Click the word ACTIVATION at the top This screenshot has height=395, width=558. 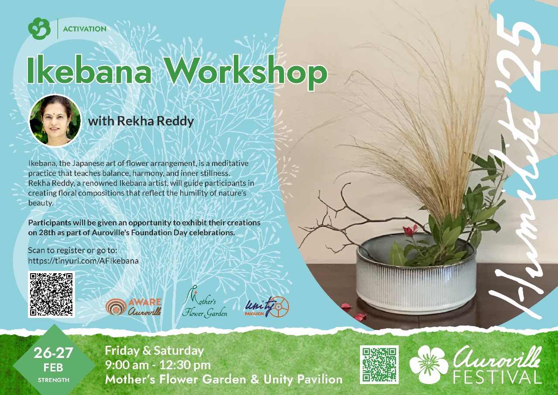[x=85, y=29]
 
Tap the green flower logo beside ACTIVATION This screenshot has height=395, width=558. [x=39, y=28]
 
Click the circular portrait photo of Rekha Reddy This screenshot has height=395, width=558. [x=55, y=120]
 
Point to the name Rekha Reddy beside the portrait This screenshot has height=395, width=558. [x=155, y=121]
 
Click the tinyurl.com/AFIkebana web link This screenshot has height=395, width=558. [x=83, y=261]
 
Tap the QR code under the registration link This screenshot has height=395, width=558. [x=51, y=294]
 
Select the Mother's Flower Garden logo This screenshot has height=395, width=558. [x=205, y=302]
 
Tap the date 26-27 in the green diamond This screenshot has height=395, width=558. [x=53, y=353]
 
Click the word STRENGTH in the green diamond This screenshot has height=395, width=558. [x=54, y=380]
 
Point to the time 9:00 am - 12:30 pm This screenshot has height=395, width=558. [x=158, y=365]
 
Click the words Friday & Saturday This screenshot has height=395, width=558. [x=154, y=351]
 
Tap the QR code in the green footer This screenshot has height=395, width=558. [x=379, y=364]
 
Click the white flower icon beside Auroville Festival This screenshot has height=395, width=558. [x=429, y=364]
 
